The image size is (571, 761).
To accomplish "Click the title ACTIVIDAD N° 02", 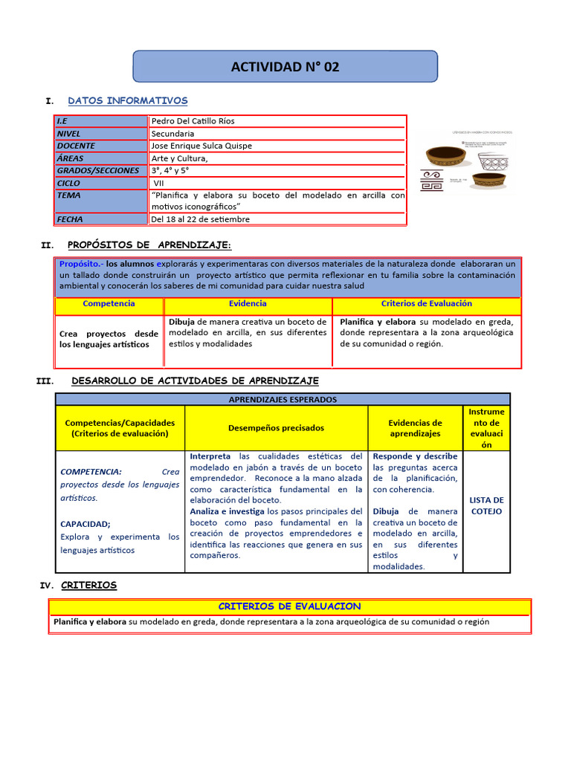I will click(x=285, y=67).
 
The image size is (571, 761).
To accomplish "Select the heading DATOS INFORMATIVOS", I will click(x=127, y=100).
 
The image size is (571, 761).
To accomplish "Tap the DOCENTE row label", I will click(x=76, y=146).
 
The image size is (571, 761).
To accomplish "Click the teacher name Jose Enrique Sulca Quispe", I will click(x=201, y=146).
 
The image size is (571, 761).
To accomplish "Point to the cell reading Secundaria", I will click(x=174, y=134).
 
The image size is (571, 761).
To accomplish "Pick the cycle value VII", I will click(x=159, y=183).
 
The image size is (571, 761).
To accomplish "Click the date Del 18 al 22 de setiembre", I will click(x=200, y=219).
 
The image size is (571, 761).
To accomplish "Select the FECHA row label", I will click(x=70, y=219).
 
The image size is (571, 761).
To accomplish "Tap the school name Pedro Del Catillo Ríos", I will click(x=193, y=121).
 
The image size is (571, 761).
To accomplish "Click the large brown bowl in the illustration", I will click(x=446, y=156).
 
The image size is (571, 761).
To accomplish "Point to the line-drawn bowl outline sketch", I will click(x=496, y=161).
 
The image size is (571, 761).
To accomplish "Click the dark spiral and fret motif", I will click(x=434, y=181).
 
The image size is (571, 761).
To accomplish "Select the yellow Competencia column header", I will click(x=109, y=304).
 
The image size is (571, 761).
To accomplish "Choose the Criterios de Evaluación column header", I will click(x=426, y=304).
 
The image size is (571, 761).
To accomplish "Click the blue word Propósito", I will click(x=80, y=264).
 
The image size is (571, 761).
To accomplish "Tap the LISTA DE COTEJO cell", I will click(x=486, y=505).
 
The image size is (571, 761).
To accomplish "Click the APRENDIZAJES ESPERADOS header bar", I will click(x=283, y=399).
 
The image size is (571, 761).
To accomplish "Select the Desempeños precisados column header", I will click(x=276, y=428).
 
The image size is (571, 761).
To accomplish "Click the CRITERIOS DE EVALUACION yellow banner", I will click(x=289, y=606).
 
